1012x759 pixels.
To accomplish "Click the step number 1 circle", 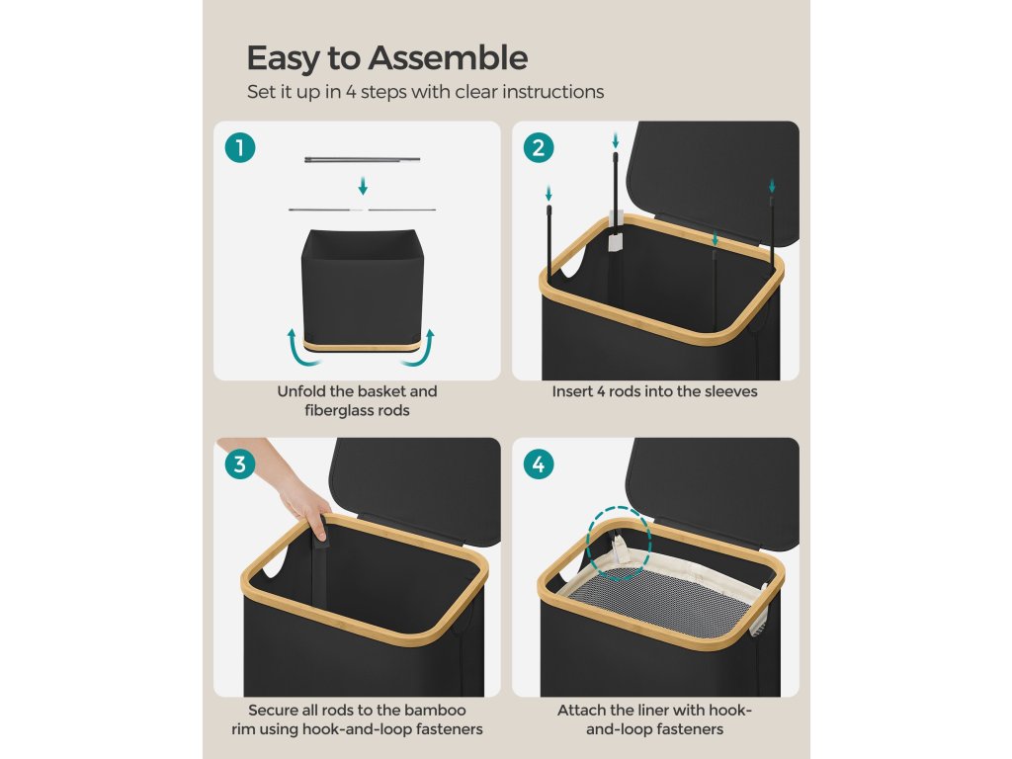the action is click(x=240, y=148).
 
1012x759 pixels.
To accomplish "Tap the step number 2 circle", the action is click(x=539, y=148).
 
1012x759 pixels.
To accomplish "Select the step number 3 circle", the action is click(x=240, y=464).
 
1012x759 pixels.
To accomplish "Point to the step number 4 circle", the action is click(x=539, y=464).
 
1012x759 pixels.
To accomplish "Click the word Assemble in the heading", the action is click(x=448, y=57).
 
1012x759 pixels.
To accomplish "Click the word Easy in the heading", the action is click(x=284, y=58).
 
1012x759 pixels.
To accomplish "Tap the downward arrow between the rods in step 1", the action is click(x=363, y=186).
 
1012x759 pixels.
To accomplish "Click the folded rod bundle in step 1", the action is click(x=362, y=159).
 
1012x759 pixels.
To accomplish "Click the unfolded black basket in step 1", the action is click(x=362, y=290).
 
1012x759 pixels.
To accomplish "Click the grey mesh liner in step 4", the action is click(x=665, y=601).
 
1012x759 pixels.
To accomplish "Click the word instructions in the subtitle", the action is click(x=553, y=92).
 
